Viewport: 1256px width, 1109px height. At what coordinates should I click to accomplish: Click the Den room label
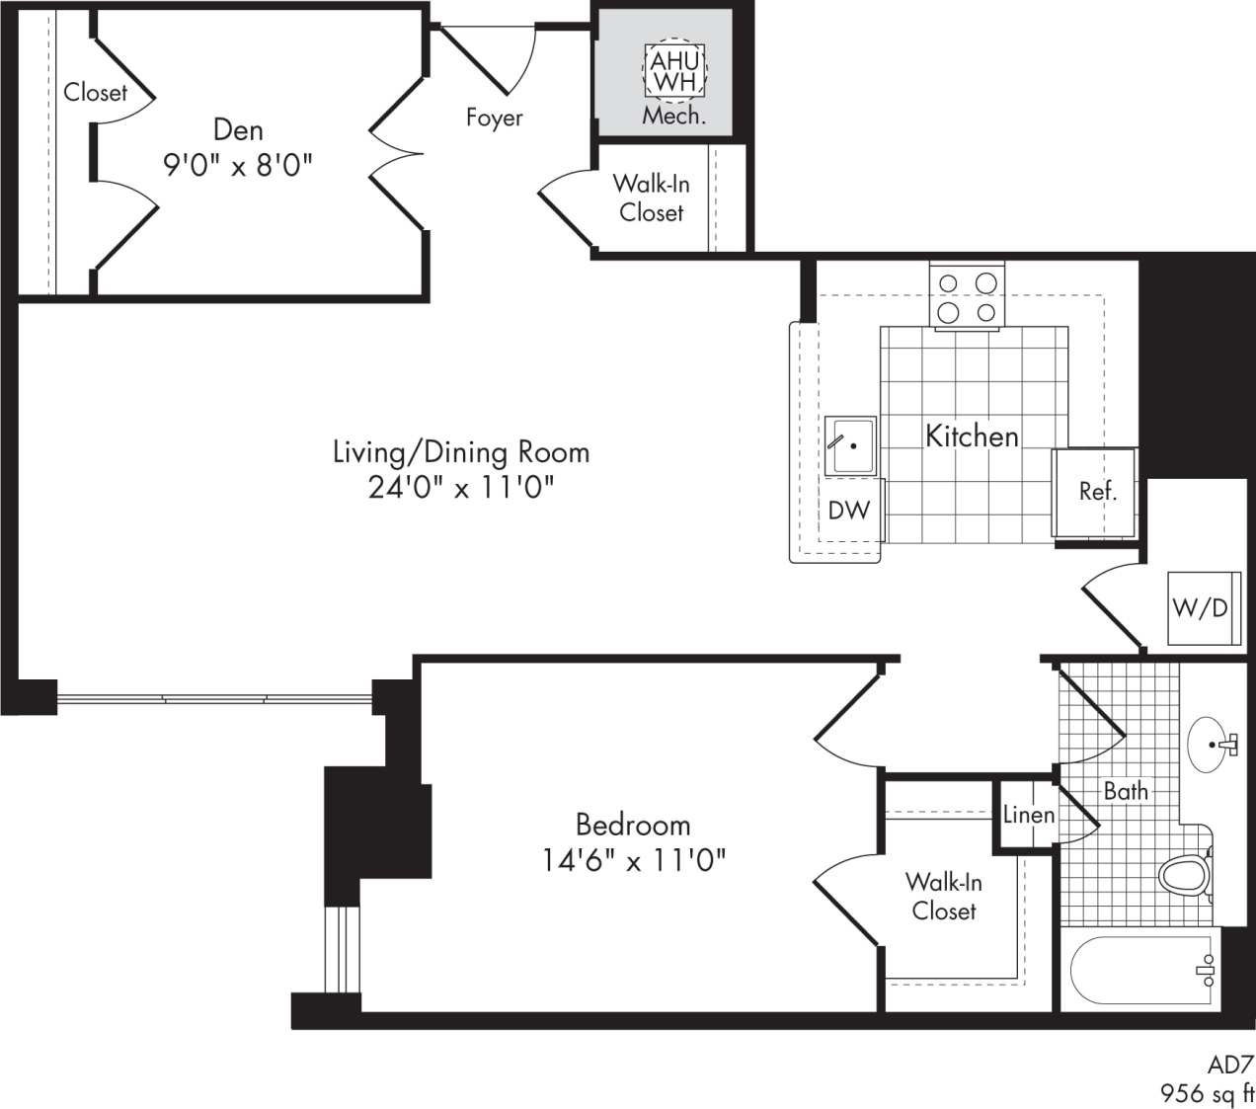[238, 129]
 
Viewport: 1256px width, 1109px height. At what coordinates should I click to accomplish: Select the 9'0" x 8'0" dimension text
[238, 163]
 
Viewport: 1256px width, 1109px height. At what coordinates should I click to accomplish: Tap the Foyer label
[494, 118]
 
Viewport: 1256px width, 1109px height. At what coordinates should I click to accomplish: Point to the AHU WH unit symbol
[674, 71]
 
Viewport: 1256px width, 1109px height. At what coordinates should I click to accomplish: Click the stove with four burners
[967, 297]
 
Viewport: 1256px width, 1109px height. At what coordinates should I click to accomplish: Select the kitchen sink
[851, 445]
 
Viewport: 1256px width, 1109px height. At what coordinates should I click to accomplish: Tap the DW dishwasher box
[849, 510]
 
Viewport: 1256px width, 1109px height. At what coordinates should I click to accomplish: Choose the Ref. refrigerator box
[1096, 491]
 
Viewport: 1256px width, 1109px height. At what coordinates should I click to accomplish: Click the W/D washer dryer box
[1200, 607]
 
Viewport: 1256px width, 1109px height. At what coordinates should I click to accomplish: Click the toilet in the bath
[1184, 875]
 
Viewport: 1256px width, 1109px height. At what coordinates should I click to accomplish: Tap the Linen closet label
[1029, 815]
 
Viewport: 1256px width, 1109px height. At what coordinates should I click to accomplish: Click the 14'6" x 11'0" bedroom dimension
[633, 860]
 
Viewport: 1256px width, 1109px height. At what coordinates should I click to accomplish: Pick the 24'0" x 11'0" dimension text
[460, 487]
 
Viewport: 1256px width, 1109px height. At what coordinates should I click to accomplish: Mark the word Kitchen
[972, 436]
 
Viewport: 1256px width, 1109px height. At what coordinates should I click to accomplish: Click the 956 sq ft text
[1207, 1092]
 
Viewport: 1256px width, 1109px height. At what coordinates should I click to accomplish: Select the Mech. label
[674, 116]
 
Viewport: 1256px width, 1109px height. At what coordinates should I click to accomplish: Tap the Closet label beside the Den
[96, 93]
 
